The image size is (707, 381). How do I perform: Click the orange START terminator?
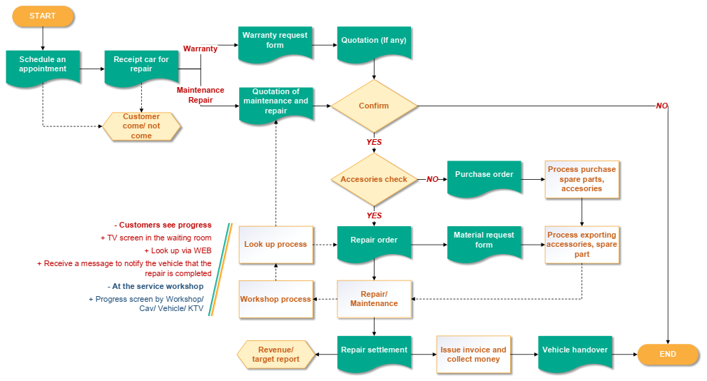(x=43, y=16)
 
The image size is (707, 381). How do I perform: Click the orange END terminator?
(x=667, y=354)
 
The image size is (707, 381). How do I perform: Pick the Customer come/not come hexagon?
(x=141, y=126)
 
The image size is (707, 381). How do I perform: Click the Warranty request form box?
(x=275, y=43)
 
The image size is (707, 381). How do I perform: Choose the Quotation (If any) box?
(x=374, y=43)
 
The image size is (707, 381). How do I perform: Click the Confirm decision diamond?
(x=374, y=106)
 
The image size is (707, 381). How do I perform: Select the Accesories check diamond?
(x=374, y=179)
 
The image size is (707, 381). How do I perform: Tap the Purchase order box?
(x=484, y=177)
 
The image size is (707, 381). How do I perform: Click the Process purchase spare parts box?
(x=581, y=179)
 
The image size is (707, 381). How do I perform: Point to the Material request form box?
(x=484, y=242)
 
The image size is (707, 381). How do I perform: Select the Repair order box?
(x=374, y=243)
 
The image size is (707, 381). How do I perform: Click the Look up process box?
(x=275, y=244)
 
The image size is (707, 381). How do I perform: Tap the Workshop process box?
(x=275, y=299)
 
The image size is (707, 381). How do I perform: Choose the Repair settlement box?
(x=374, y=352)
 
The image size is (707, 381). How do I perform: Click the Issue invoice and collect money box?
(x=473, y=355)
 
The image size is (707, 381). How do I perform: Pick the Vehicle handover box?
(x=575, y=352)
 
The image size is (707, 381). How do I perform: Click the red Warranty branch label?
(x=200, y=49)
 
